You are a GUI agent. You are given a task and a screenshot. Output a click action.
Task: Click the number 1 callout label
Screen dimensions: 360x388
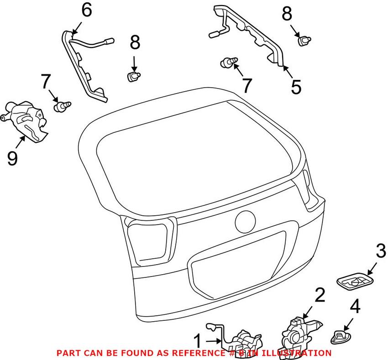(197, 341)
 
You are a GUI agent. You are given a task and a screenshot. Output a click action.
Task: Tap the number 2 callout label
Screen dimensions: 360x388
(320, 296)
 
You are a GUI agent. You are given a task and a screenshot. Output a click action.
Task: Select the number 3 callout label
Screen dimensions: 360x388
(380, 251)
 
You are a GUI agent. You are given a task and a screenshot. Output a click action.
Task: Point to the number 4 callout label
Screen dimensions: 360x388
(354, 306)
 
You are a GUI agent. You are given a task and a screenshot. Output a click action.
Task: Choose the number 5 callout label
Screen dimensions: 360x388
(296, 86)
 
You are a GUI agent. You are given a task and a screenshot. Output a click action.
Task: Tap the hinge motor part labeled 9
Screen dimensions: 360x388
(25, 119)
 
